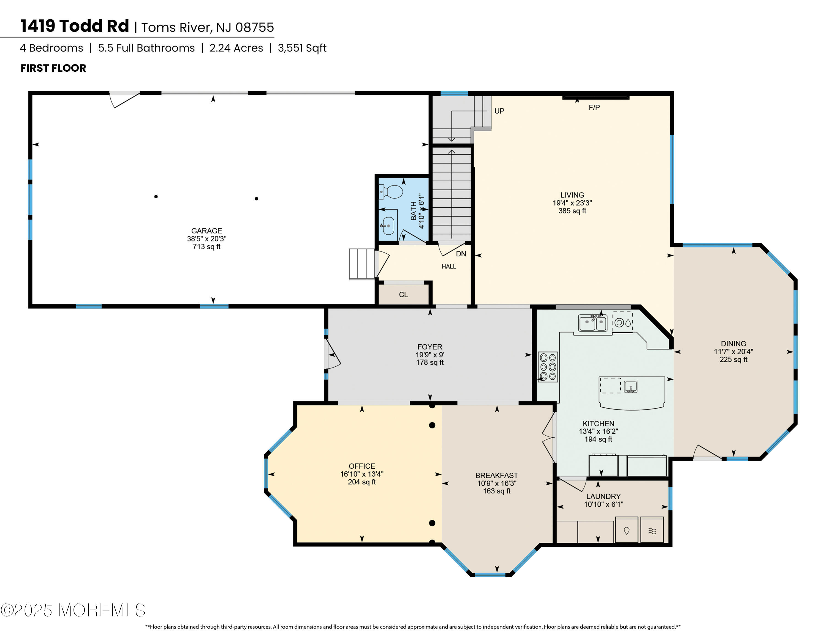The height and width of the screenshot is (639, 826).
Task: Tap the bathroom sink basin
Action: click(x=389, y=226)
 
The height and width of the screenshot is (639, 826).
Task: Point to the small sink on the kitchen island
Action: click(x=631, y=386)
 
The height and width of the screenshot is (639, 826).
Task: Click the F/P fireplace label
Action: click(x=594, y=108)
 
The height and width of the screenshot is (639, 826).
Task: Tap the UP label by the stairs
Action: click(x=499, y=111)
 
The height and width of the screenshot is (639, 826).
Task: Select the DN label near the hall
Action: click(x=461, y=254)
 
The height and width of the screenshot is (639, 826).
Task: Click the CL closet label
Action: click(x=403, y=294)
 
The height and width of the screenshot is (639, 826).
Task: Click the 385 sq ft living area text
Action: click(x=572, y=211)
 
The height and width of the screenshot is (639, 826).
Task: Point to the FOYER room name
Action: click(x=430, y=347)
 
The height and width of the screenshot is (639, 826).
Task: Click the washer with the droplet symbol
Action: click(x=626, y=530)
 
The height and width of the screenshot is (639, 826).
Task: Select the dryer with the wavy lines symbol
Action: click(x=652, y=530)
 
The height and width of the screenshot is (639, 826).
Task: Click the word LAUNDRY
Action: click(x=603, y=496)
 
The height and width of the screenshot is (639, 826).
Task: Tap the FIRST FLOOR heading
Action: click(x=53, y=68)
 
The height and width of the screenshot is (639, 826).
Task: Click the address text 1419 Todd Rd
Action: click(x=75, y=26)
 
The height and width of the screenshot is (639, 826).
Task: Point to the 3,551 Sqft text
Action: click(x=302, y=48)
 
